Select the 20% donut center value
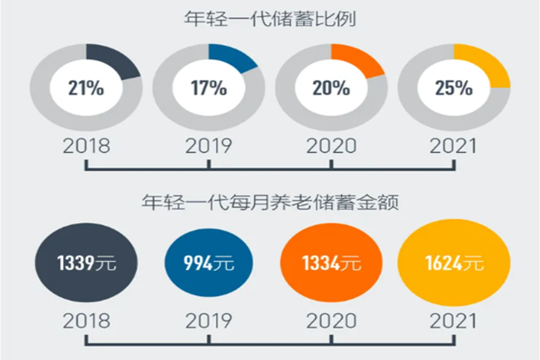pyautogui.click(x=331, y=87)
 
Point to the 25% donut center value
pyautogui.click(x=453, y=87)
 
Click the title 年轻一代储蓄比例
pyautogui.click(x=270, y=16)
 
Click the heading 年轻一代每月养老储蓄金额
pyautogui.click(x=270, y=202)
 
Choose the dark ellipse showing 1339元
pyautogui.click(x=86, y=263)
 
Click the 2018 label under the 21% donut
pyautogui.click(x=86, y=145)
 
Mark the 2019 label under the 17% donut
pyautogui.click(x=209, y=145)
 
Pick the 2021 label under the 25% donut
pyautogui.click(x=454, y=145)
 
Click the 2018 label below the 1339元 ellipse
pyautogui.click(x=86, y=320)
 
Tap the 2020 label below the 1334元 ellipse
pyautogui.click(x=331, y=320)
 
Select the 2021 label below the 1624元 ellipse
pyautogui.click(x=454, y=320)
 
